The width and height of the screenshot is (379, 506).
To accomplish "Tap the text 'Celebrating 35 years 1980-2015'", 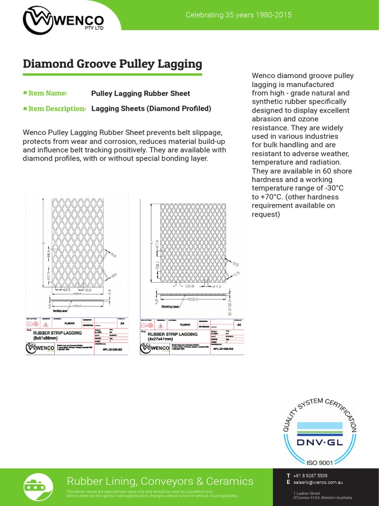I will pos(238,15).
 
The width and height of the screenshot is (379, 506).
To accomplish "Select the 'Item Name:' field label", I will pos(47,93).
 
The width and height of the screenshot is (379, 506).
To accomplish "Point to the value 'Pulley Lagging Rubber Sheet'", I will pos(141,93).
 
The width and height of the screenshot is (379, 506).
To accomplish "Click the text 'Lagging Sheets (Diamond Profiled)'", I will pos(151,108).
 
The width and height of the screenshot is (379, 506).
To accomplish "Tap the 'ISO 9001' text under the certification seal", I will pos(320,463).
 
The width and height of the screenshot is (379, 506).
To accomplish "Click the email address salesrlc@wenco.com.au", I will pos(318,482).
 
